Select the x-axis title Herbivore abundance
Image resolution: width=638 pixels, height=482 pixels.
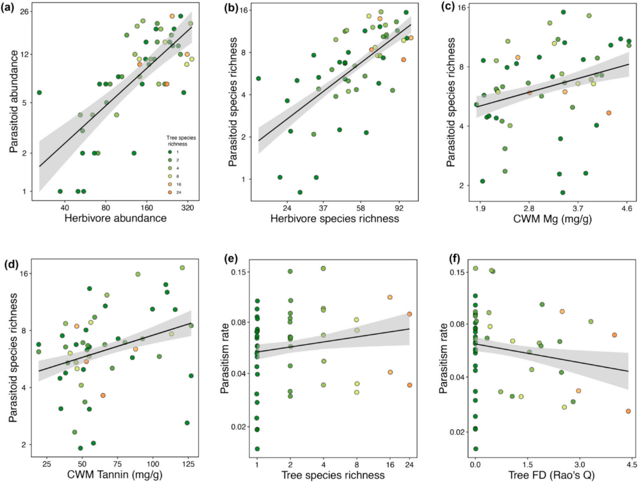115,218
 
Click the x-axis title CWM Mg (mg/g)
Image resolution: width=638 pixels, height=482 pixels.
553,219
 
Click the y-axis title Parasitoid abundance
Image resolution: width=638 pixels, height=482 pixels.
14,102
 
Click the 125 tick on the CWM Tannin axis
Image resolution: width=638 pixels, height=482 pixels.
188,464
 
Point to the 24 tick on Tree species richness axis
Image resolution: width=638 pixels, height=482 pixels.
409,464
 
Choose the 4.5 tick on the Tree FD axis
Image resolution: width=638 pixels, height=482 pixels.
631,464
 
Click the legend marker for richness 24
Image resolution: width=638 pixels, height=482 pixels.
171,193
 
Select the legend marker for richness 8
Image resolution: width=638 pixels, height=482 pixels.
171,177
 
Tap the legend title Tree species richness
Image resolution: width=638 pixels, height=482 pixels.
181,141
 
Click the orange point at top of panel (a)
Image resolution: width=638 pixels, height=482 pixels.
172,16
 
